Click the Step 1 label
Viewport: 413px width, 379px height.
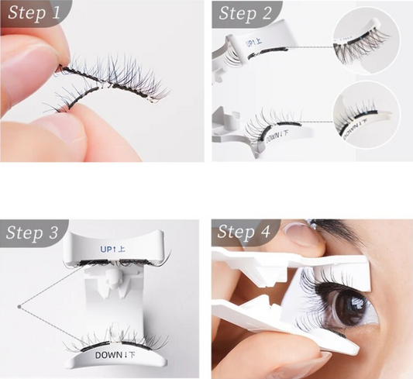coord(33,13)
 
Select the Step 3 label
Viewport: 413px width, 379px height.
coord(33,232)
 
